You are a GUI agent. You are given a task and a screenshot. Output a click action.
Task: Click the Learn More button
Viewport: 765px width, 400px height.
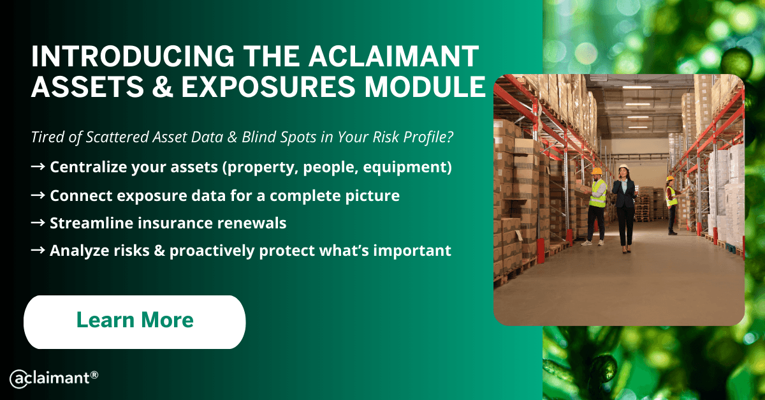(135, 322)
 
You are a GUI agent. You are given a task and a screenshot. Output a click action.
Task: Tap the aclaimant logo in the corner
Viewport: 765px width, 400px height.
(54, 378)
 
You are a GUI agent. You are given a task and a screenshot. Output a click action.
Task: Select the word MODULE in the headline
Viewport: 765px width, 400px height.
(425, 87)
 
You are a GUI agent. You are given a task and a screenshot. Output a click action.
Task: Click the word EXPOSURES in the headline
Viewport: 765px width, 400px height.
(268, 87)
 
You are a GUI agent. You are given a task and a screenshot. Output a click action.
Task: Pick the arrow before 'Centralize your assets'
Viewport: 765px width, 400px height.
(38, 167)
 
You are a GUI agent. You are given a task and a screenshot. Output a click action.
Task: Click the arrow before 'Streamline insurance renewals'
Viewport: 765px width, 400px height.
(38, 223)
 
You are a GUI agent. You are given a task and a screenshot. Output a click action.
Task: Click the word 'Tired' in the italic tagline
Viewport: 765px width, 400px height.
(46, 137)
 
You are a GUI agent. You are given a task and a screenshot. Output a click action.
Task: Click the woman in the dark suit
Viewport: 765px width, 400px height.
(624, 209)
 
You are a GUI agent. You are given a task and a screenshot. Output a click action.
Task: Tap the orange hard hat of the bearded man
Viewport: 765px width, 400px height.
(596, 171)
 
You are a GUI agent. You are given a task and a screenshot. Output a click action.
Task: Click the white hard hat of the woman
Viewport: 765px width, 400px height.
(623, 167)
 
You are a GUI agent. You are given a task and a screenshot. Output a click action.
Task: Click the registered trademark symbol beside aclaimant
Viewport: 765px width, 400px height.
(94, 375)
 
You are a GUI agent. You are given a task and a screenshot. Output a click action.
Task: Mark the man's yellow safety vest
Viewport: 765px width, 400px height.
(599, 193)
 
